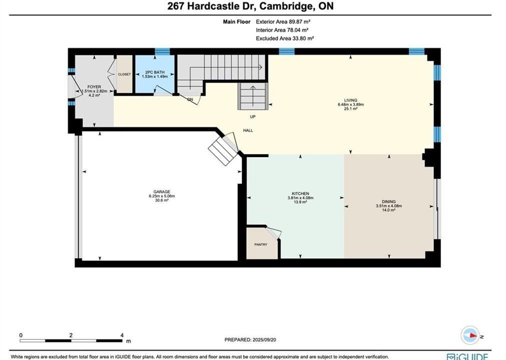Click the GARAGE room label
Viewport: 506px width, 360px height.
coord(162,192)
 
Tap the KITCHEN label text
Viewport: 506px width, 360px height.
coord(300,193)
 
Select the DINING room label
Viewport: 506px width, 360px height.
coord(389,202)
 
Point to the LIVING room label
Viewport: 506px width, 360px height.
coord(351,100)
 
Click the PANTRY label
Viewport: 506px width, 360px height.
coord(261,244)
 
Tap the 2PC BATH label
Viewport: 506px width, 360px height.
coord(155,72)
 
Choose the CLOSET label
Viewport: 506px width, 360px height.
coord(124,74)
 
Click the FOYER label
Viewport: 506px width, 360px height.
coord(94,87)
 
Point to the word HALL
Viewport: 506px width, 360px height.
coord(248,130)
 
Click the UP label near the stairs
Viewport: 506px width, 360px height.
coord(253,116)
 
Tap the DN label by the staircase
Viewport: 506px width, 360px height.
coord(190,99)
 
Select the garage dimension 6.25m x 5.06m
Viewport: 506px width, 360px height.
coord(162,196)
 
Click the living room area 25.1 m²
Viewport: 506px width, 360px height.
coord(351,108)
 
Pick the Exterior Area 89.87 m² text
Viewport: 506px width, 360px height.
coord(283,22)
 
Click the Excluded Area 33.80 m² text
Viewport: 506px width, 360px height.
coord(285,38)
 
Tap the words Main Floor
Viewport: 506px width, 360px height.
coord(237,22)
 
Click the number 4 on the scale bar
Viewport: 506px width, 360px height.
coord(122,335)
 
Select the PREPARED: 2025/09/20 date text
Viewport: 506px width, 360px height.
coord(250,339)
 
